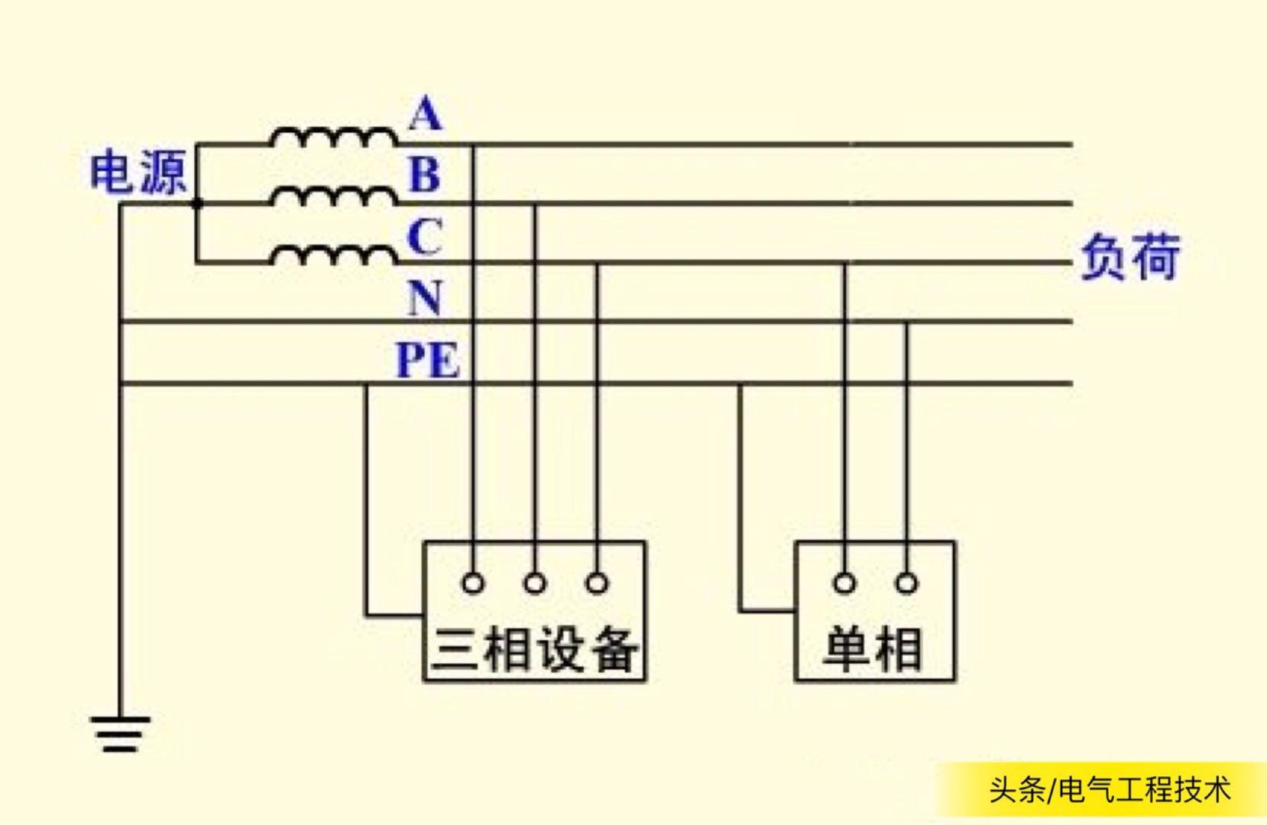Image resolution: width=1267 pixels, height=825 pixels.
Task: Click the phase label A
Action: click(426, 115)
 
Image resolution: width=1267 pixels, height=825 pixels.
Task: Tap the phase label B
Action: click(425, 174)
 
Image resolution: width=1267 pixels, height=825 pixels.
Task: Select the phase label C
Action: click(424, 237)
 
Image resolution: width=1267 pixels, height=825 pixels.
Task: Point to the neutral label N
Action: click(424, 297)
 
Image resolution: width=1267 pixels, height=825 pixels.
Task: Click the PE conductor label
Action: click(427, 360)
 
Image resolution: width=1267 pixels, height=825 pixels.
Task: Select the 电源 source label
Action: click(138, 173)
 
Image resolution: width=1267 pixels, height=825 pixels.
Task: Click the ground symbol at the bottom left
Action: click(120, 733)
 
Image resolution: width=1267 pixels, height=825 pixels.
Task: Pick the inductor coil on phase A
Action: click(333, 138)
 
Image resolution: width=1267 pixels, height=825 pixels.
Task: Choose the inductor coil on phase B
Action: click(333, 197)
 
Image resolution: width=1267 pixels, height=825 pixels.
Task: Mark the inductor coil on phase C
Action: click(333, 256)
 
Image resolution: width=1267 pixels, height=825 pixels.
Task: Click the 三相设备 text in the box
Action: click(534, 649)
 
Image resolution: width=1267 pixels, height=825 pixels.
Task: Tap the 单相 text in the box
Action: click(873, 649)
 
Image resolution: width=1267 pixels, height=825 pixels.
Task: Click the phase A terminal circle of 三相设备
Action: click(473, 584)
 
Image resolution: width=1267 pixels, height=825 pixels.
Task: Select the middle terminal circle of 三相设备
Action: click(535, 584)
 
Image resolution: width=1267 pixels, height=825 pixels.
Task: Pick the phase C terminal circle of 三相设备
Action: click(597, 584)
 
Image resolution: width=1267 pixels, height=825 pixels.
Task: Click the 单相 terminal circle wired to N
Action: click(906, 584)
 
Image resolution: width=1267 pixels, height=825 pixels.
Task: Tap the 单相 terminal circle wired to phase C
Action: click(844, 584)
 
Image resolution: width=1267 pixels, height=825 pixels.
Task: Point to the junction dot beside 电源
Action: click(196, 204)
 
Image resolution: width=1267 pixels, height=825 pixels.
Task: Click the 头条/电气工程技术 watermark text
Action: click(1110, 790)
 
